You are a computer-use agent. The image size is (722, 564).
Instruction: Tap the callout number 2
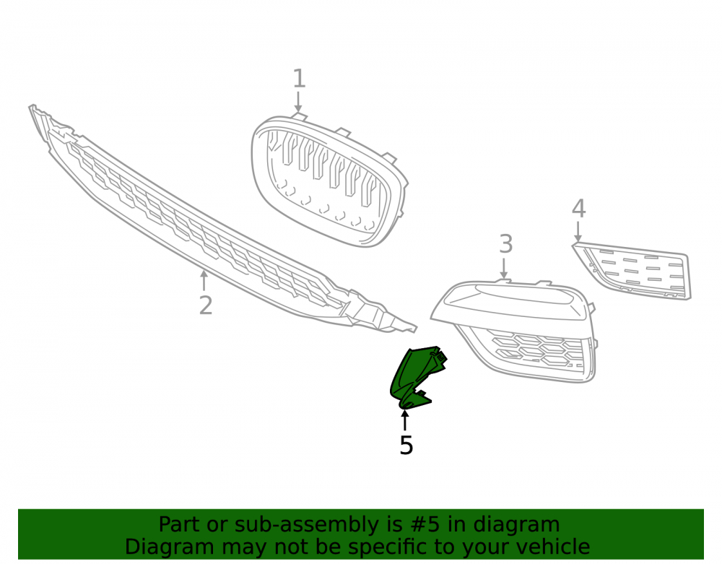206,305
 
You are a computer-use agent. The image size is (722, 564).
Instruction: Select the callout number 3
506,243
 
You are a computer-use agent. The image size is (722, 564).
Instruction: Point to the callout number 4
579,208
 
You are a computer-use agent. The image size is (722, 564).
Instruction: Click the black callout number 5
406,446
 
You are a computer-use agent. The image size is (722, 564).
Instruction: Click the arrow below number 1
298,102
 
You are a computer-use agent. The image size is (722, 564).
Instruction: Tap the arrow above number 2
204,281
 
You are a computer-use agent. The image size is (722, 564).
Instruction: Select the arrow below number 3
504,269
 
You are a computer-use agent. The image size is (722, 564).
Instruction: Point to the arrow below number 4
578,232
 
